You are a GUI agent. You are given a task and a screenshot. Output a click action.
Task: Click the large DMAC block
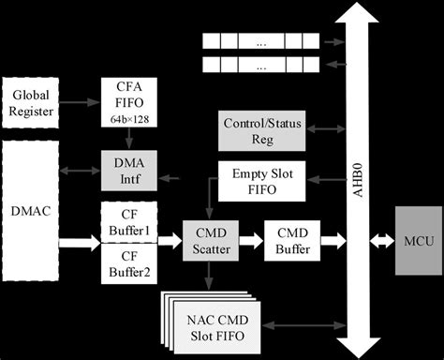[31, 212]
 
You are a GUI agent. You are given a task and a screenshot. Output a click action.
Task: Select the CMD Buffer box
[292, 240]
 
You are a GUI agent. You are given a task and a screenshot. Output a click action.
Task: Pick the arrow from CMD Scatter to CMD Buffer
[251, 240]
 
